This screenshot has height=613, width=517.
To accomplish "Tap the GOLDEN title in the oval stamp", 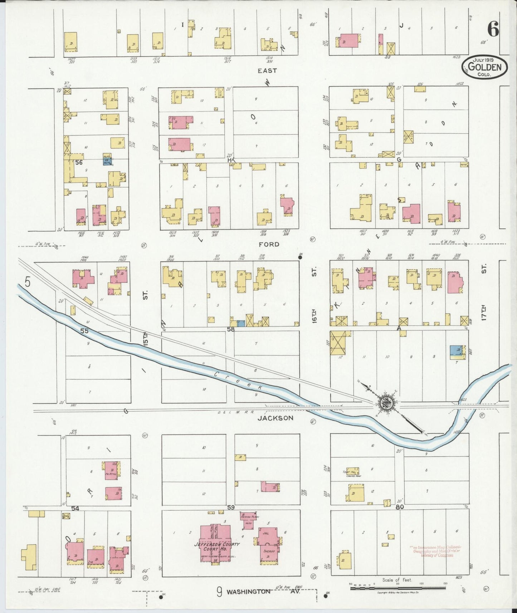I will coord(485,67).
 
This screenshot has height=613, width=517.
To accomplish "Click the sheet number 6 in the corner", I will coord(493,29).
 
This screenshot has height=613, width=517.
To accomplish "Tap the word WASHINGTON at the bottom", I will coord(249,592).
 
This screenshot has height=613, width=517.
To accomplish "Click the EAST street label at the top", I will coord(267,71).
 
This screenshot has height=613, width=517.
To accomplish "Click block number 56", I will coord(79,162).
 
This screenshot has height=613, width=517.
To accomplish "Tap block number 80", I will coord(400,507).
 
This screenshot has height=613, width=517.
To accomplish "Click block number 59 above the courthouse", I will coord(231,507).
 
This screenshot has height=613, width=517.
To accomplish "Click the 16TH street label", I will coord(314,315).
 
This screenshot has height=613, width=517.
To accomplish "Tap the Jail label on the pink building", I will coord(266,533).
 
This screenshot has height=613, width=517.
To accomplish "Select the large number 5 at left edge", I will coord(28,282).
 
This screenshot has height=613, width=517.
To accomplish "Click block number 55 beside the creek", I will coord(84,331).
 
